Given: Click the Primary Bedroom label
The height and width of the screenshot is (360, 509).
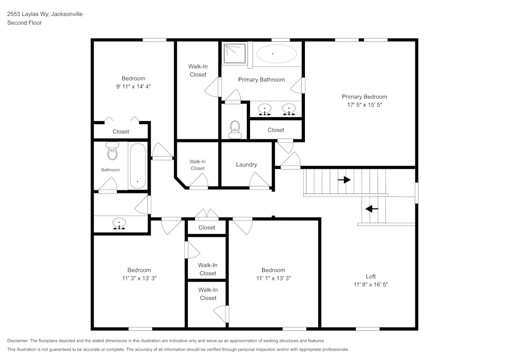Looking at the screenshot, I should pyautogui.click(x=364, y=97).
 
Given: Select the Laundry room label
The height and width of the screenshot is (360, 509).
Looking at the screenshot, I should pyautogui.click(x=246, y=164).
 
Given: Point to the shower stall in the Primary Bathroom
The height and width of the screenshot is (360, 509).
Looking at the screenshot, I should pyautogui.click(x=235, y=53).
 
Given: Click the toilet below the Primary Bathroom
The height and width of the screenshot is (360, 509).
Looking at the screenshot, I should pyautogui.click(x=235, y=129).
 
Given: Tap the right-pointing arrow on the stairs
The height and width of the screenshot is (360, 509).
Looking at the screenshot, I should pyautogui.click(x=344, y=180).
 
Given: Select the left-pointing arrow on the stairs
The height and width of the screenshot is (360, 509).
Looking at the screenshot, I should pyautogui.click(x=372, y=208).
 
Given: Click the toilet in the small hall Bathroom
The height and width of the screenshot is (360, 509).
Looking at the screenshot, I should pyautogui.click(x=112, y=151).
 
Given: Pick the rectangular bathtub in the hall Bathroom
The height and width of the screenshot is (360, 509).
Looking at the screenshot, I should pyautogui.click(x=137, y=166).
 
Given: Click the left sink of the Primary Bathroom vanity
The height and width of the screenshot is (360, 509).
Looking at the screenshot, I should pyautogui.click(x=265, y=109).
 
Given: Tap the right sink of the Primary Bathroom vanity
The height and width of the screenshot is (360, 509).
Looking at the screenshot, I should pyautogui.click(x=289, y=109).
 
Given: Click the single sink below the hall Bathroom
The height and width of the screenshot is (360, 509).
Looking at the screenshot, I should pyautogui.click(x=119, y=223).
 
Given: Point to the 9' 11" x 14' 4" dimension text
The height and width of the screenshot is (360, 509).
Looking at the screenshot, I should pyautogui.click(x=133, y=87).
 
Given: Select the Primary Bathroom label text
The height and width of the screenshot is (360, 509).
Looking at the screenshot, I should pyautogui.click(x=261, y=79).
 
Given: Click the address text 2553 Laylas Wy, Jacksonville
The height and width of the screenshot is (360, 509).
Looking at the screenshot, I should pyautogui.click(x=45, y=14).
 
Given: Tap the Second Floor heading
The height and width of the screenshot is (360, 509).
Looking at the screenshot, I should pyautogui.click(x=24, y=23).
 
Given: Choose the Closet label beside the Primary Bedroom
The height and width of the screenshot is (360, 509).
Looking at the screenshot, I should pyautogui.click(x=276, y=130).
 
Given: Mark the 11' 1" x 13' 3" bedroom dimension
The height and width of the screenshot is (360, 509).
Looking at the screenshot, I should pyautogui.click(x=273, y=278).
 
